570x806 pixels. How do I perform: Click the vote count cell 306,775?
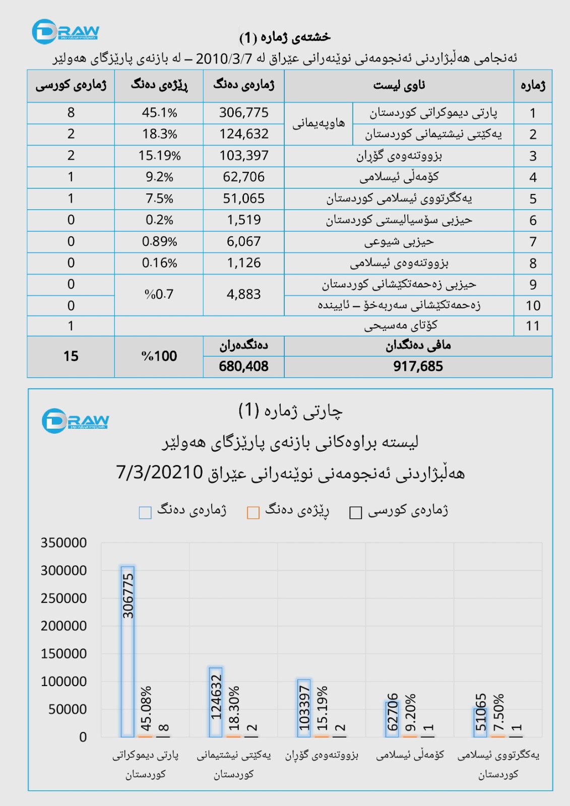click(x=243, y=113)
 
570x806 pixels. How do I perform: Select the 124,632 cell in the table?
click(x=243, y=134)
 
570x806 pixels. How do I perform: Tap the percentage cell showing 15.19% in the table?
click(x=159, y=156)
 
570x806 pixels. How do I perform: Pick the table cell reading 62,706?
click(x=243, y=177)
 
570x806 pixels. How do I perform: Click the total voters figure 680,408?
click(x=243, y=366)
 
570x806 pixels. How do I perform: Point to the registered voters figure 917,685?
click(x=418, y=366)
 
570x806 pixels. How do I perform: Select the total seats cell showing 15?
click(x=71, y=356)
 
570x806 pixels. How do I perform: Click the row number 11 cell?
click(x=533, y=326)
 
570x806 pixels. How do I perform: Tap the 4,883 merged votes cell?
click(x=243, y=294)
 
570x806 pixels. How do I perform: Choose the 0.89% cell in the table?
click(x=159, y=241)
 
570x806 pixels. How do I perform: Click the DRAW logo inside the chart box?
click(x=75, y=421)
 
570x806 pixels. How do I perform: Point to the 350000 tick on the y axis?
click(x=64, y=543)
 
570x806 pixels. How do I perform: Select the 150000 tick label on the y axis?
click(x=64, y=653)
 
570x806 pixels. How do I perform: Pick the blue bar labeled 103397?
click(x=304, y=708)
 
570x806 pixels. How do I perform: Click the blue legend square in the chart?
click(x=145, y=513)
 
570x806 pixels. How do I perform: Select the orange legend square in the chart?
click(x=253, y=513)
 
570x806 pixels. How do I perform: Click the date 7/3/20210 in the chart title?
click(x=159, y=473)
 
